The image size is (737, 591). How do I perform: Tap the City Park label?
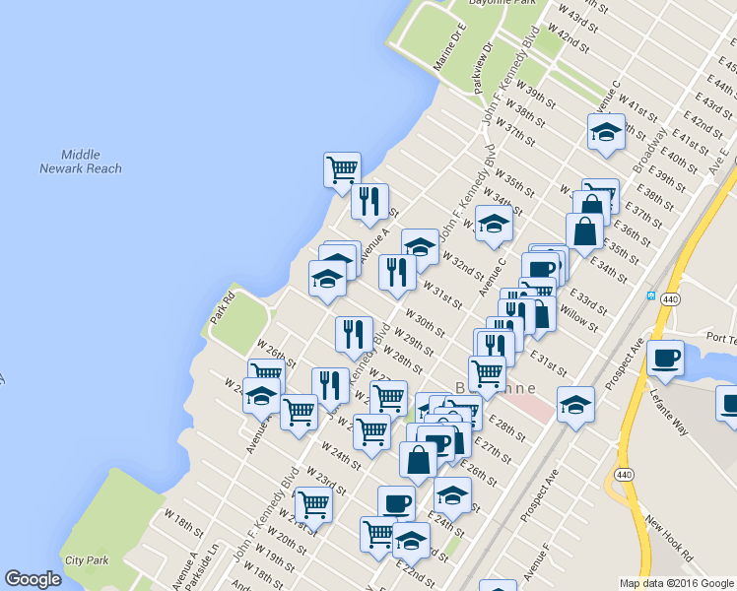pyautogui.click(x=87, y=560)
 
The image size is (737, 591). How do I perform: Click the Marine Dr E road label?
pyautogui.click(x=448, y=49)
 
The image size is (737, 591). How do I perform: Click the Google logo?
pyautogui.click(x=33, y=579)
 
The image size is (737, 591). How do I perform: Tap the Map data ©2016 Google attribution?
pyautogui.click(x=676, y=583)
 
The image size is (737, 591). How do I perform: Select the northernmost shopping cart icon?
pyautogui.click(x=342, y=168)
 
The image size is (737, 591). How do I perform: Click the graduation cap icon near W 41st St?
pyautogui.click(x=605, y=131)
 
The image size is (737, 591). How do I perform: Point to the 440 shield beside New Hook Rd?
pyautogui.click(x=626, y=475)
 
